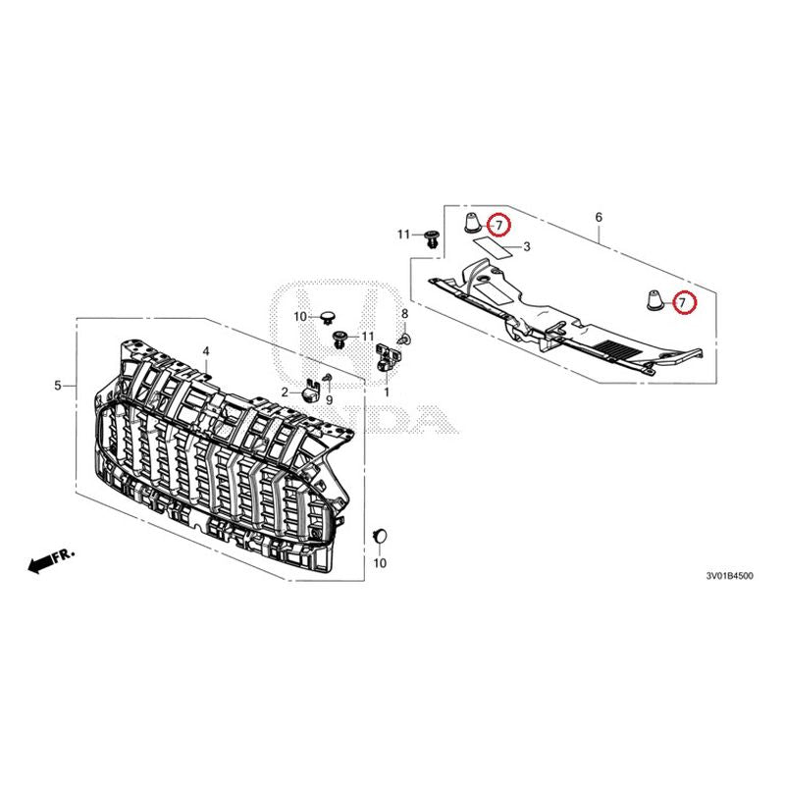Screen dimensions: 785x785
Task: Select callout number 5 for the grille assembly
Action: [59, 386]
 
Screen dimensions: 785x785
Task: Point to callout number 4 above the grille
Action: [206, 351]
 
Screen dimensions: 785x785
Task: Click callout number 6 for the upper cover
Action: [599, 217]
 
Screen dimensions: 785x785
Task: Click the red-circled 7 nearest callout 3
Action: [498, 226]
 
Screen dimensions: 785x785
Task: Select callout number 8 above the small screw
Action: [404, 313]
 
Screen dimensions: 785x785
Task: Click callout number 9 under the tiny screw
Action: [330, 400]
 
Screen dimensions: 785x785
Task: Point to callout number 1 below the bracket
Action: [387, 392]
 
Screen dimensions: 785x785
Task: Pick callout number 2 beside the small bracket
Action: [286, 392]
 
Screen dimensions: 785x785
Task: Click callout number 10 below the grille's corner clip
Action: [381, 563]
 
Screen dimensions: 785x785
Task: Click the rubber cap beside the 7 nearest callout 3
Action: [471, 221]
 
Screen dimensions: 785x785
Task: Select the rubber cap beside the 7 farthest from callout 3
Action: [652, 298]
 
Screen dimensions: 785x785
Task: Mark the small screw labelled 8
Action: [408, 338]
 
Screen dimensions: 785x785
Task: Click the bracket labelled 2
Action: [310, 391]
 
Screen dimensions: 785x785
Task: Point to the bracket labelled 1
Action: [386, 354]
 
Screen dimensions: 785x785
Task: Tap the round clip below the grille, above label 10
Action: [381, 535]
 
